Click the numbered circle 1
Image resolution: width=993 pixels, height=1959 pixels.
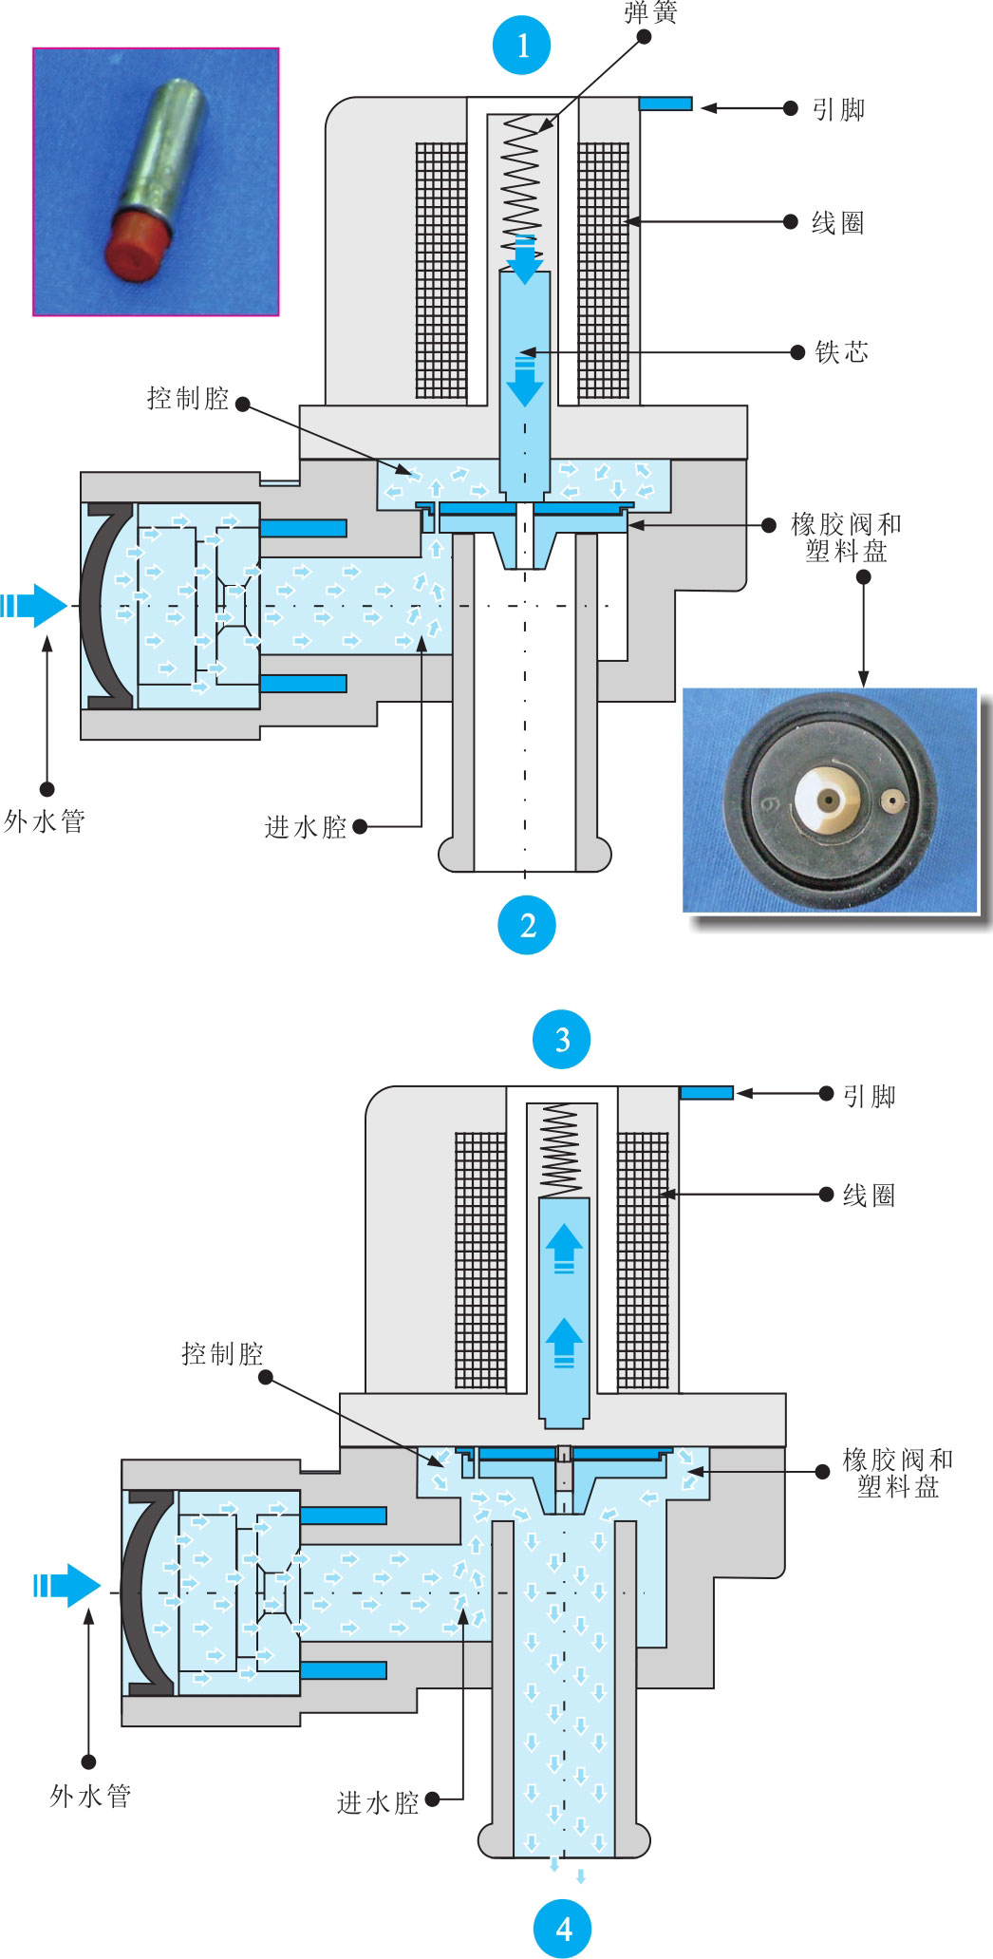tap(522, 45)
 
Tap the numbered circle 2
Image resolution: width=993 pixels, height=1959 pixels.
tap(527, 924)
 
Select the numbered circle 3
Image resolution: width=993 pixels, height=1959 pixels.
tap(562, 1039)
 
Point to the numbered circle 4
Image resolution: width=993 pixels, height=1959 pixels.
tap(564, 1929)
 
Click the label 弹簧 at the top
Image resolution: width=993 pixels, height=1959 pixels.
tap(650, 12)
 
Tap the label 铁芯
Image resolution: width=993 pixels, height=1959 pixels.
tap(842, 352)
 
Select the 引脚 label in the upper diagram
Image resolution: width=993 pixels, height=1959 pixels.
tap(838, 109)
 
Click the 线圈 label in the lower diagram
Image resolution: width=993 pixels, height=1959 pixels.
tap(869, 1195)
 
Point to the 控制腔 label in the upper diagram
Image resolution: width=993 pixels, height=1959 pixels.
tap(188, 398)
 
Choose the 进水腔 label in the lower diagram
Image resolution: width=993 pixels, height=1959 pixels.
tap(378, 1802)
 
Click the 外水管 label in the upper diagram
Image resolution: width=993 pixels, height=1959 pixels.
tap(45, 821)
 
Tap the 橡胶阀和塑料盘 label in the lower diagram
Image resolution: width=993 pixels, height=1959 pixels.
tap(898, 1473)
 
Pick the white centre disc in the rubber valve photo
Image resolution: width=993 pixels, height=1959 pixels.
tap(828, 799)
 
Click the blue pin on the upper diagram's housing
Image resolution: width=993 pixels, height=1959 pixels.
tap(665, 104)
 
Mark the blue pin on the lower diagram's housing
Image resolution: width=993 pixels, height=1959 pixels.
tap(706, 1093)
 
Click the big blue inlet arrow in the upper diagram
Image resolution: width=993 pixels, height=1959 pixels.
tap(34, 605)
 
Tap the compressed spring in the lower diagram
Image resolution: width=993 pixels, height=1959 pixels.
tap(560, 1150)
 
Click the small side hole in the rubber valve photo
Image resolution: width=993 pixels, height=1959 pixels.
tap(891, 801)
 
